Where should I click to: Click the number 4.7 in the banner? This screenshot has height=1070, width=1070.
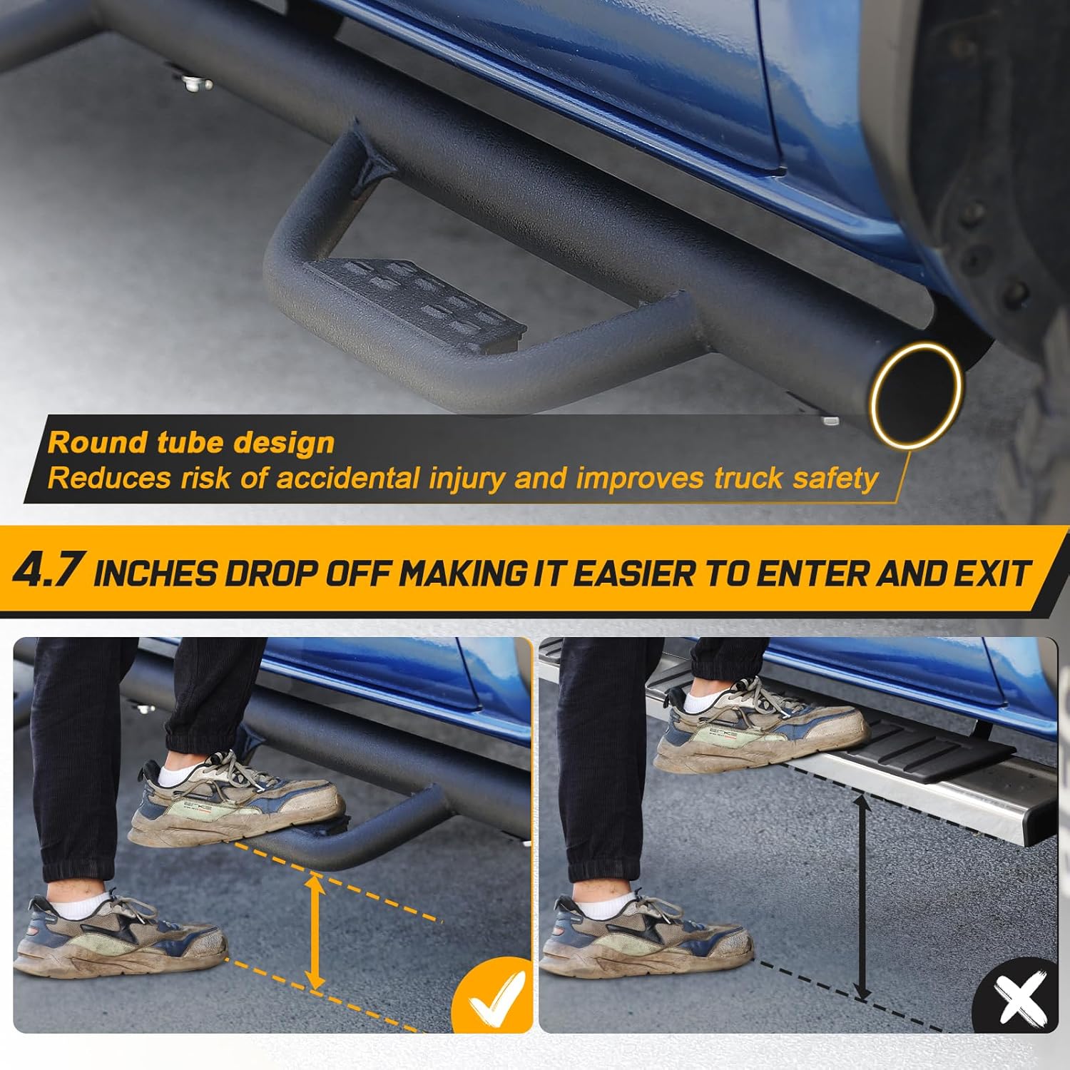click(x=49, y=571)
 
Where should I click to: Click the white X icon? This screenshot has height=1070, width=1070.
click(x=1017, y=998)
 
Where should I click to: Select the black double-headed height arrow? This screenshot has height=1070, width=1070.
click(x=862, y=897)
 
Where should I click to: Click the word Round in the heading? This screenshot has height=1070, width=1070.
click(x=96, y=443)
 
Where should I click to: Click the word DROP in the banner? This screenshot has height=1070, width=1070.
click(x=270, y=574)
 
